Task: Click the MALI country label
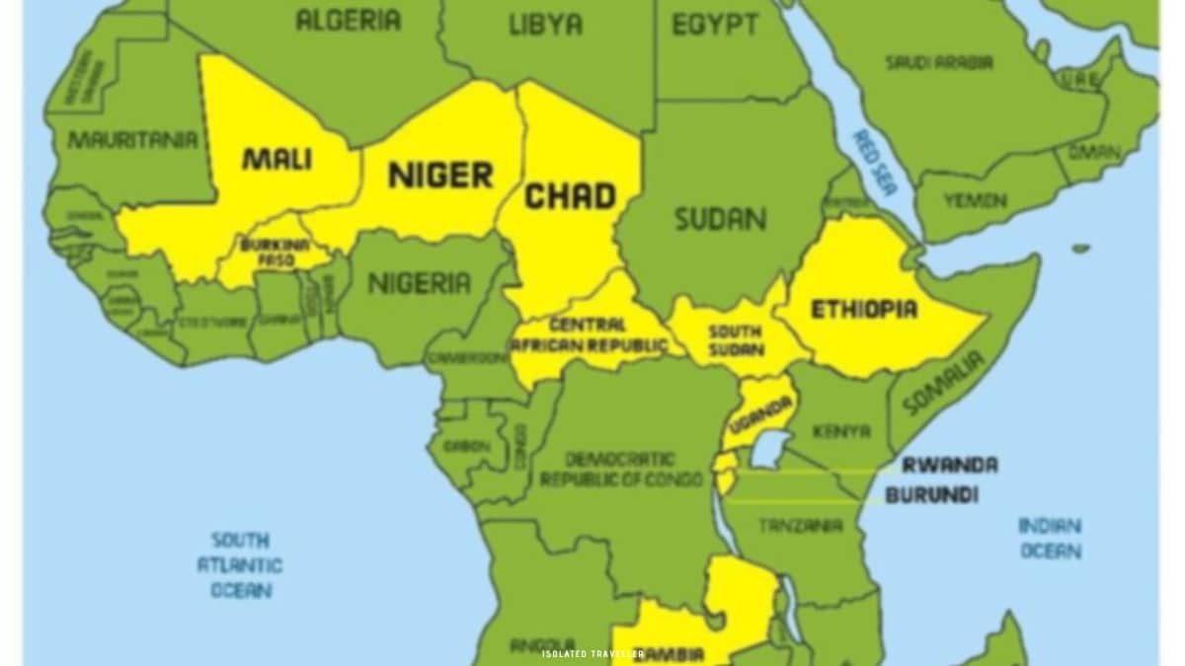coord(276,159)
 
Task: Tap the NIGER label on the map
coord(439,177)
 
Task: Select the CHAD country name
coord(570,196)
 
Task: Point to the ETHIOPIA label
coord(864,310)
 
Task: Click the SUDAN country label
coord(720,219)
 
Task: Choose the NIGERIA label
coord(420,284)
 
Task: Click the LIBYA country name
coord(545,25)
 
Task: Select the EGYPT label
coord(715,25)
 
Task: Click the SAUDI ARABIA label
coord(938,63)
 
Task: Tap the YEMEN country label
coord(974,201)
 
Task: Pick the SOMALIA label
coord(944,383)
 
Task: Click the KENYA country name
coord(841,432)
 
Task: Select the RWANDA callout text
coord(949,465)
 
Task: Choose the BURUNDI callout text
coord(931,495)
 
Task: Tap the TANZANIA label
coord(800,526)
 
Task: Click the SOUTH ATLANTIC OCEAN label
coord(240,565)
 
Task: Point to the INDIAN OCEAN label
coord(1050,538)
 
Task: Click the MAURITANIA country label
coord(132,140)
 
